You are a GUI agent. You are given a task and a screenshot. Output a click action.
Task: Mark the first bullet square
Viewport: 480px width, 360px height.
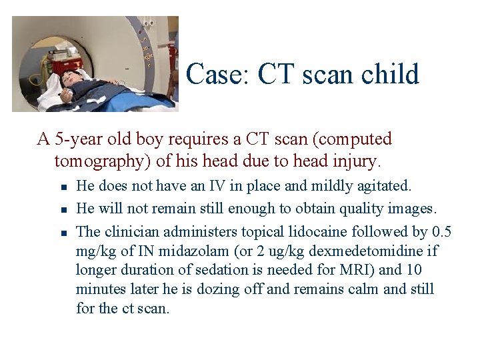61,187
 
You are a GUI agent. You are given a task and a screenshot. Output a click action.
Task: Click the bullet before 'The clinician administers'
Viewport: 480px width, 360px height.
61,233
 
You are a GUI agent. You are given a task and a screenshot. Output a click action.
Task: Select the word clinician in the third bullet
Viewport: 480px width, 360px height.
129,232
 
